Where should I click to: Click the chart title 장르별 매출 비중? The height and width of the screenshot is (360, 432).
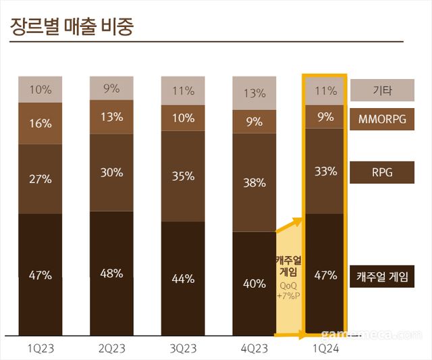[72, 27]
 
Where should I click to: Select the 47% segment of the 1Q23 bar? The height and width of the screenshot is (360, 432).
[40, 274]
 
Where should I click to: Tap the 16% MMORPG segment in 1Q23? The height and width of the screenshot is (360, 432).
[40, 123]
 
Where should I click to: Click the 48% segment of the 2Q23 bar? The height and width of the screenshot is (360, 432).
[111, 273]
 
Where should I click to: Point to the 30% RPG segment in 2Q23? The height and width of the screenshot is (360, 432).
[111, 172]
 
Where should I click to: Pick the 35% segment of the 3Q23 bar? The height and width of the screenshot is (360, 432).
[183, 176]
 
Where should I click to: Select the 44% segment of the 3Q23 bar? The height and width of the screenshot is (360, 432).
[183, 278]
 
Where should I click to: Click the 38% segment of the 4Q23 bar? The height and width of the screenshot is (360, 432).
[254, 182]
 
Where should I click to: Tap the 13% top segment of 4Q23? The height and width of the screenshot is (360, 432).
[254, 93]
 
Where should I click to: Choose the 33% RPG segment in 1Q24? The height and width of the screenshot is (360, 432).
[326, 171]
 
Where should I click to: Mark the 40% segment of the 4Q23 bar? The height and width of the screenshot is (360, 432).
[254, 283]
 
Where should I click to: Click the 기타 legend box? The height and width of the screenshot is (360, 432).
[382, 91]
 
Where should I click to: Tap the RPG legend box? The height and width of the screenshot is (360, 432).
[382, 173]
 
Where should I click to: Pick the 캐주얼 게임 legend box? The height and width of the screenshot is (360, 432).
[382, 276]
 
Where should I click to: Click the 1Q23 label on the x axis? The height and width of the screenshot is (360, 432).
[40, 349]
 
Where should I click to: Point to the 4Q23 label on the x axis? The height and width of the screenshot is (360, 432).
[254, 349]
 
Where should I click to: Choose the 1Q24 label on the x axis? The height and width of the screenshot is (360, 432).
[326, 349]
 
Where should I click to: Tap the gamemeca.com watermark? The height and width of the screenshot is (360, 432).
[371, 334]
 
